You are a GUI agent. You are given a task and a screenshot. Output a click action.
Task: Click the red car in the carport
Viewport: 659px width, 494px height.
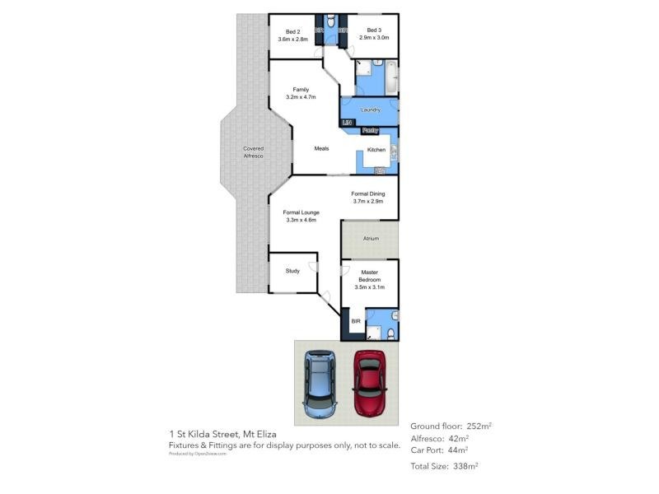coord(371,383)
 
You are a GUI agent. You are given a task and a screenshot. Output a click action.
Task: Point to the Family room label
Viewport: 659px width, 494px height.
coord(300,89)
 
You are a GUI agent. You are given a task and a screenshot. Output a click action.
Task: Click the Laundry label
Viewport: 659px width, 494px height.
coord(370,110)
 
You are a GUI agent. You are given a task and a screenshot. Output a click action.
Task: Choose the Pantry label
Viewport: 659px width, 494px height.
coord(370,130)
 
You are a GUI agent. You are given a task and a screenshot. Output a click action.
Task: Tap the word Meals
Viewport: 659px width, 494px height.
coord(321,149)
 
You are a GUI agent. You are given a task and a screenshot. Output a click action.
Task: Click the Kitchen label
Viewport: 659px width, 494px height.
coord(376,150)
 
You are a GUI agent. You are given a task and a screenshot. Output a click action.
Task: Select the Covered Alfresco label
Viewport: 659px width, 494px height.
coord(253,152)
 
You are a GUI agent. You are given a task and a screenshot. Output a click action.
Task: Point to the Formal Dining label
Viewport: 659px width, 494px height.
coord(368,193)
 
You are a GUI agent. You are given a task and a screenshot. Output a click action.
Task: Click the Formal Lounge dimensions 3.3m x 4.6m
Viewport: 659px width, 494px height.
coord(302,220)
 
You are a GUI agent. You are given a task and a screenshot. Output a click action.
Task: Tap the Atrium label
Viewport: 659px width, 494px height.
coord(371,239)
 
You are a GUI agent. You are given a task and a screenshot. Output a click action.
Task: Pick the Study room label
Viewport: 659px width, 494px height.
coord(292,270)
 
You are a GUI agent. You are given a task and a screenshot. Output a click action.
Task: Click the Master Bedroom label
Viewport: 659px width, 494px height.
coord(369,276)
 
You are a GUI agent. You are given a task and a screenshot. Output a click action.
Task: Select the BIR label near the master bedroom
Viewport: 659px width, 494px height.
coord(356,320)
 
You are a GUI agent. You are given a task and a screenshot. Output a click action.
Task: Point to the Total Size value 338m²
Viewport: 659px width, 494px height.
coord(466,466)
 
